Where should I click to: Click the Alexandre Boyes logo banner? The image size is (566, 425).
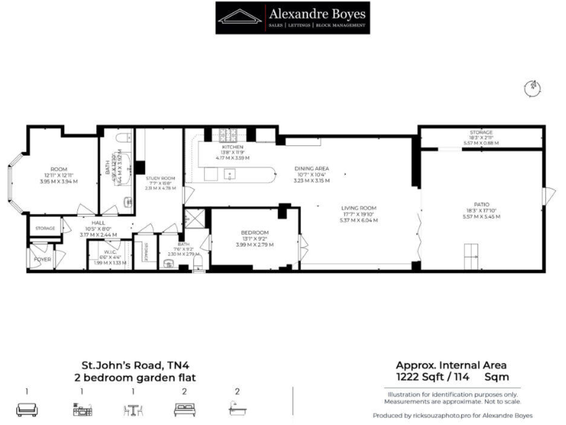292,18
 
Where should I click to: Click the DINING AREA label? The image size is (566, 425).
311,168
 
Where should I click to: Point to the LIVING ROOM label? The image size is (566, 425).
358,208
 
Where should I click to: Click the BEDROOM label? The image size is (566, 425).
254,232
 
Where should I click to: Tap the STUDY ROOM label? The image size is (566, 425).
160,178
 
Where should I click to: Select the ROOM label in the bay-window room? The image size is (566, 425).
58,169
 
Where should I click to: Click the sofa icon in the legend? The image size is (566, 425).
27,409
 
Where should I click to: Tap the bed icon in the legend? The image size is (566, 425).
184,409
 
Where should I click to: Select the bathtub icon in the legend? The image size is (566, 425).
237,409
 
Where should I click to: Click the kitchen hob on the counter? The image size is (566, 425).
228,136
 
